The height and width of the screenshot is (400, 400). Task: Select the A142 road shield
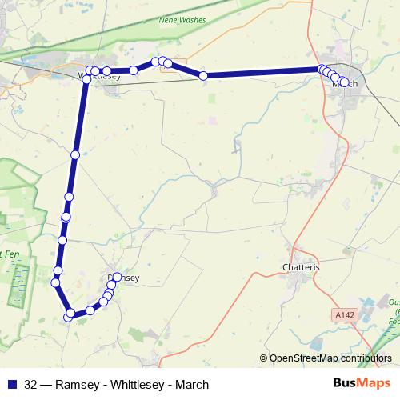point(345,315)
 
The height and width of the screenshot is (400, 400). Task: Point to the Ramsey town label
point(124,278)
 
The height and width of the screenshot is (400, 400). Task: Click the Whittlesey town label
point(100,77)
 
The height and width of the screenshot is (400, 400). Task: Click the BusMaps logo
point(361,384)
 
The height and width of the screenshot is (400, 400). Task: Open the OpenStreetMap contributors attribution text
point(330,358)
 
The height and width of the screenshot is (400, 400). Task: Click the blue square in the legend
point(13,385)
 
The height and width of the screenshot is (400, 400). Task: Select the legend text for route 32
point(117,385)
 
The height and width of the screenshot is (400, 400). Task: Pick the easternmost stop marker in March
point(345,82)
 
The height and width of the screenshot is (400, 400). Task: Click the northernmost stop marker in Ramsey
point(117,278)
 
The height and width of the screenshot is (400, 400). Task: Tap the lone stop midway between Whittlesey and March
point(203,76)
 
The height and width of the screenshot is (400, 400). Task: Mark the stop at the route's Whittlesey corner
point(86,79)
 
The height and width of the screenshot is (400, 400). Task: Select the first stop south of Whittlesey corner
point(75,155)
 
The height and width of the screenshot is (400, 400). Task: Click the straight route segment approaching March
point(264,73)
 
